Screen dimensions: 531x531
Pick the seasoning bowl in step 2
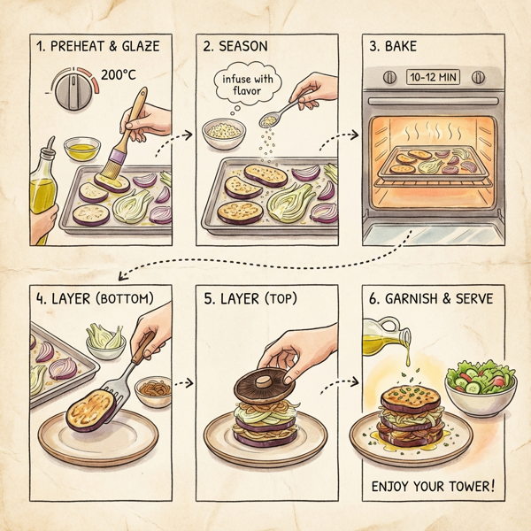[221, 135]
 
